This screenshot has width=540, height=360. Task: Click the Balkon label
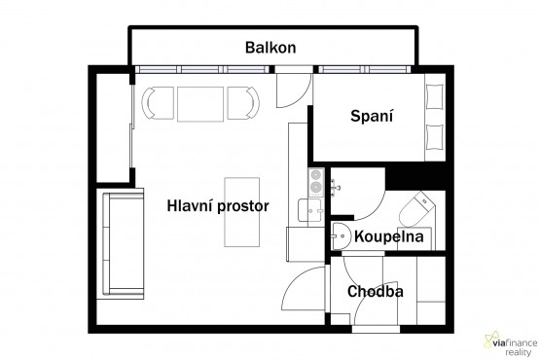click(x=270, y=48)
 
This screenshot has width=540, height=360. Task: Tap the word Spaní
click(x=372, y=116)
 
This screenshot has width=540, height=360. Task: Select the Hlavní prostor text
click(x=218, y=206)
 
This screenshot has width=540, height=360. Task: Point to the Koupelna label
click(x=389, y=236)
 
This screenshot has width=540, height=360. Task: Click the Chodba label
click(x=375, y=292)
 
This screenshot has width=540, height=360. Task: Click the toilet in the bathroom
click(x=417, y=209)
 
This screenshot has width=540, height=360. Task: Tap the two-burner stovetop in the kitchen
click(x=316, y=182)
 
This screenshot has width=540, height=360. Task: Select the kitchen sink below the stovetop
click(x=310, y=210)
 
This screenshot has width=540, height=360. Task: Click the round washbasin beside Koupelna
click(x=341, y=236)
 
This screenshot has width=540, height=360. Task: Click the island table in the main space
click(x=241, y=212)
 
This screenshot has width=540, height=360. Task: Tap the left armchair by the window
click(x=158, y=103)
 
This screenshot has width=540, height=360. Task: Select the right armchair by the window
click(x=243, y=103)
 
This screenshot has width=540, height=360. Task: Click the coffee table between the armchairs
click(x=200, y=104)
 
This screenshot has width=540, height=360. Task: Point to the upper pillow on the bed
click(x=434, y=96)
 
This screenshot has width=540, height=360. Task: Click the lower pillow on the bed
click(x=434, y=137)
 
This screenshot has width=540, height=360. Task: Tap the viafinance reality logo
click(x=511, y=343)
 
